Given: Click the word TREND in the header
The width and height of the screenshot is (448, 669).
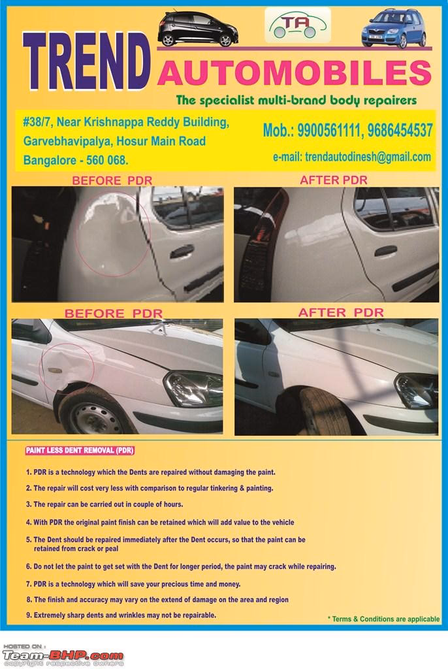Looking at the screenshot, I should click(86, 63).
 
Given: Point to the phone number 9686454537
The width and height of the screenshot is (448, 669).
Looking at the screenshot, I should click(400, 131).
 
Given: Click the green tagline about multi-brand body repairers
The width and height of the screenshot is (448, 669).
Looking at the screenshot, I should click(296, 101).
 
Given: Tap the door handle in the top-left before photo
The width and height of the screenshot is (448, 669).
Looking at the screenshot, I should click(182, 252).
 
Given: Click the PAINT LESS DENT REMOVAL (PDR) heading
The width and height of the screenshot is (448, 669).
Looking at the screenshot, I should click(79, 451).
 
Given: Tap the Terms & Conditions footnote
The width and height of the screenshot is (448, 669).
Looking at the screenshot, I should click(383, 619).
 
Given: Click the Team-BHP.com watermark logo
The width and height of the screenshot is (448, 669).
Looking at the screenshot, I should click(63, 655).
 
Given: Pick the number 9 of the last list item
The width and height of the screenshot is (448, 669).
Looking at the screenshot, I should click(28, 615).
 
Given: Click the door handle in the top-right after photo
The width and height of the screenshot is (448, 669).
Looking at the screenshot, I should click(385, 251).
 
